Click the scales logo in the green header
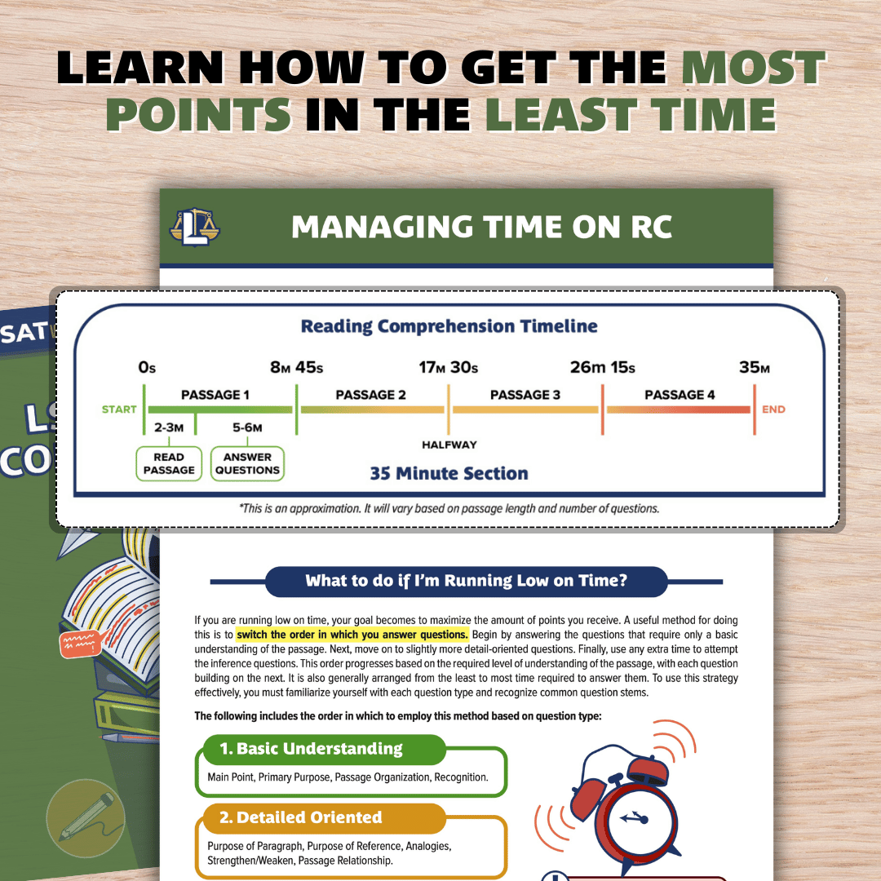[195, 226]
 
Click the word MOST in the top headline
[752, 70]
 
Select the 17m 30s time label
[449, 367]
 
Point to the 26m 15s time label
[602, 367]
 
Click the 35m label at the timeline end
[754, 367]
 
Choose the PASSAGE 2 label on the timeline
[370, 395]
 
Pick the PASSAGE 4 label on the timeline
[680, 395]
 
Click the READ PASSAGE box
[169, 463]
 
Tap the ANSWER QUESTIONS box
[247, 463]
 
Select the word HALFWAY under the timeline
[449, 445]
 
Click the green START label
[119, 410]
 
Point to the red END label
[773, 410]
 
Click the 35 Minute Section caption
[449, 473]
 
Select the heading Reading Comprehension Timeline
[449, 327]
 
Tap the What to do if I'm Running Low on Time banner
[466, 582]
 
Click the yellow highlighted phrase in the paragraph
[352, 635]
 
